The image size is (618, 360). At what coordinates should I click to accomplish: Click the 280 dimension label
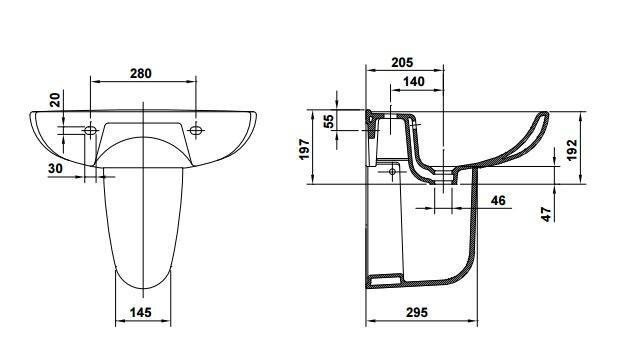tap(141, 73)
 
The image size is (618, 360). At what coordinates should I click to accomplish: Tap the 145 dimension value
tap(141, 313)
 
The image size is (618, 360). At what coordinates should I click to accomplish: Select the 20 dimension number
tap(56, 100)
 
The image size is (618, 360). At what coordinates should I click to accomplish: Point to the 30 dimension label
tap(56, 168)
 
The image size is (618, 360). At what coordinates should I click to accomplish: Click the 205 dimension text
tap(402, 62)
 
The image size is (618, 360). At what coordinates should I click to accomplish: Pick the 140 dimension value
tap(414, 82)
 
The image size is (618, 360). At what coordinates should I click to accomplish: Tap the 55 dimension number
tap(328, 121)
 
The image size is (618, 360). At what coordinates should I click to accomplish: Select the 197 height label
tap(305, 149)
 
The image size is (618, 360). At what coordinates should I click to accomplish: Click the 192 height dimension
tap(572, 149)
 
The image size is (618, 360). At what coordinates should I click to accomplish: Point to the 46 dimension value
tap(498, 200)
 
